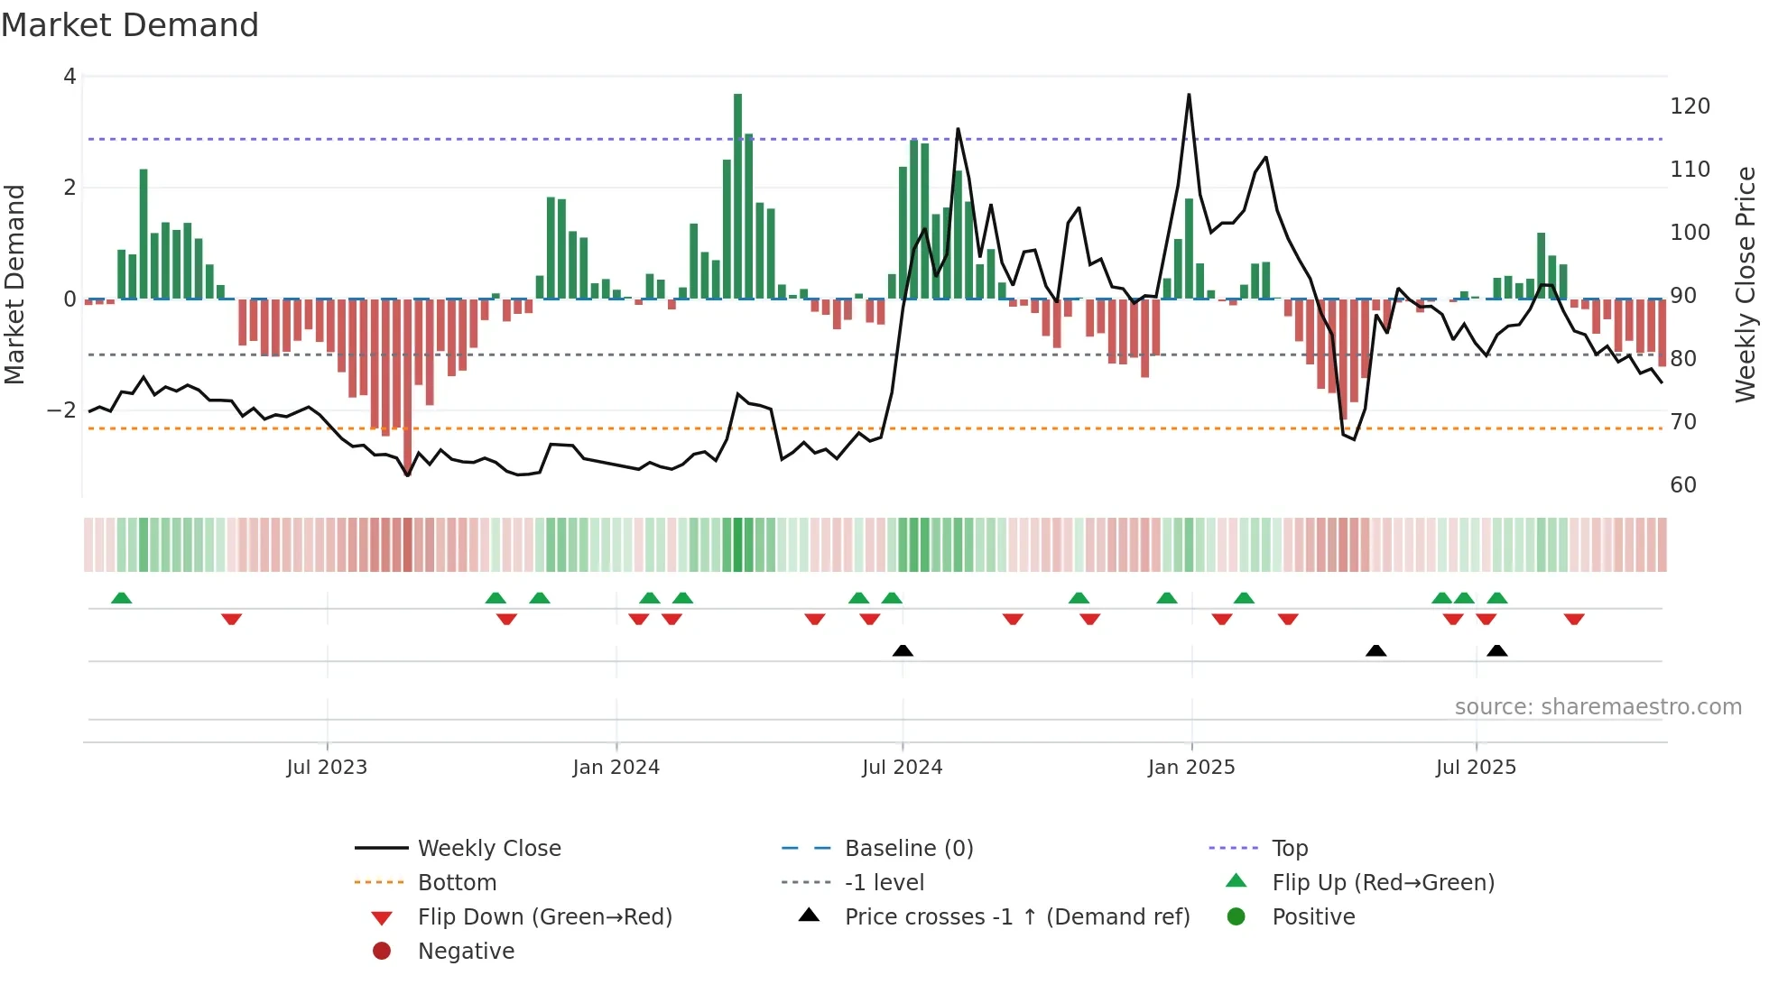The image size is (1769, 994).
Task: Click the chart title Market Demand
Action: tap(130, 25)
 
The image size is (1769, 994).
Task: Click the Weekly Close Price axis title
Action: tap(1746, 284)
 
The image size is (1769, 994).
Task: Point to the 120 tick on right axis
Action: tap(1690, 106)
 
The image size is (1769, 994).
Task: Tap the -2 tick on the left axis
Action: tap(61, 410)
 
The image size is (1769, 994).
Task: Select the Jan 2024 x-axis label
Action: tap(616, 768)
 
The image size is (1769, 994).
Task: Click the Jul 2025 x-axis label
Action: tap(1476, 768)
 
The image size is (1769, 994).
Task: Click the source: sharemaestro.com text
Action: tap(1598, 707)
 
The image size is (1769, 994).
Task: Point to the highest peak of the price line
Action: tap(1189, 96)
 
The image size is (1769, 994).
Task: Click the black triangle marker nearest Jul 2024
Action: tap(903, 650)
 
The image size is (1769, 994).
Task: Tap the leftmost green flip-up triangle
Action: tap(121, 598)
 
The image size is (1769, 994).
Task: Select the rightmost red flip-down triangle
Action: tap(1574, 619)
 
